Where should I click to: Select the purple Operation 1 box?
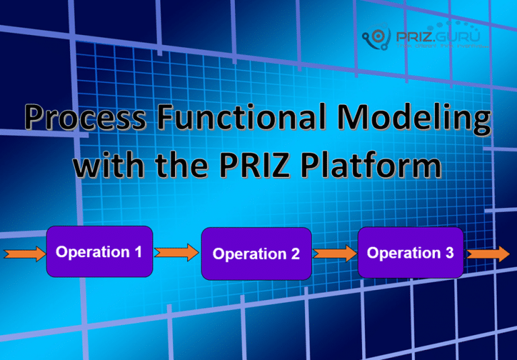click(x=99, y=252)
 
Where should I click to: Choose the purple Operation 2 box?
click(x=256, y=254)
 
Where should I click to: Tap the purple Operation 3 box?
click(x=410, y=252)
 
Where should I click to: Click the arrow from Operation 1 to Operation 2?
click(x=176, y=252)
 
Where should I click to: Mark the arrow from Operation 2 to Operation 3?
click(x=335, y=253)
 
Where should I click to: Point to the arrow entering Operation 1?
click(x=24, y=254)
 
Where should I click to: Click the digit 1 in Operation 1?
click(x=137, y=252)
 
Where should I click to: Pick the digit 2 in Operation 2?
click(x=295, y=254)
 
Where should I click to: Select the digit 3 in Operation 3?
click(x=449, y=252)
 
